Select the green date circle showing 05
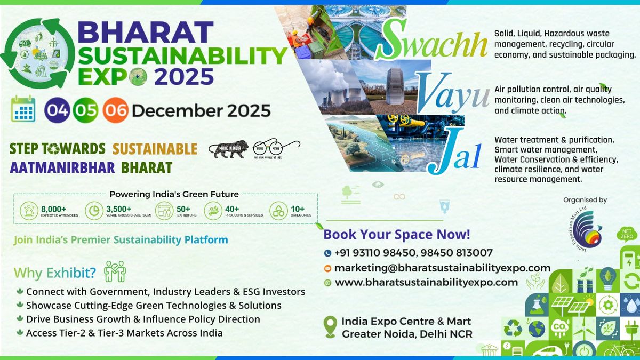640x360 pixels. coord(85,110)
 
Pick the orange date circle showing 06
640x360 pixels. coord(115,110)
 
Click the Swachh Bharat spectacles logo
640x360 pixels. coord(276,148)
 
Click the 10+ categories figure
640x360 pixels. coord(298,209)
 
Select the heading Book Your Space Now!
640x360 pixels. coord(397,234)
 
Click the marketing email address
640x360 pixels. coord(442,268)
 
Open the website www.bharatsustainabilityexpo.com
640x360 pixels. coord(426,282)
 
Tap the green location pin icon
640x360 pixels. coord(331,326)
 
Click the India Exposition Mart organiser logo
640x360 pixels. coord(585,230)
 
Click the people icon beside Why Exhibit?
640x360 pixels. coord(115,271)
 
